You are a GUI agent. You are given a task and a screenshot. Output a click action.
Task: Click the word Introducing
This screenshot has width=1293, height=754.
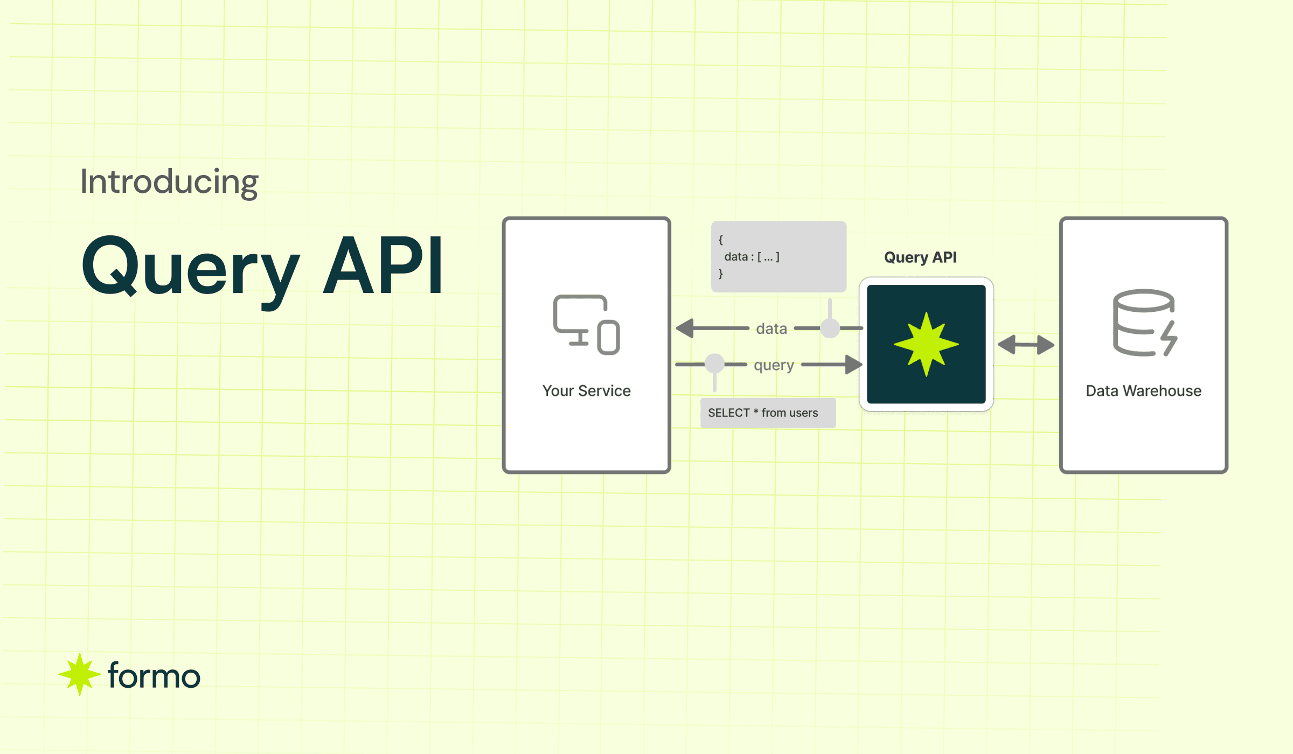(x=169, y=182)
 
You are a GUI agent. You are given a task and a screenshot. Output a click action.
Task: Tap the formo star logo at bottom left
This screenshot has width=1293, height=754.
(x=79, y=674)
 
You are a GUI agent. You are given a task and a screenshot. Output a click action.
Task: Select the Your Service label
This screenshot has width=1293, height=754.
(x=586, y=390)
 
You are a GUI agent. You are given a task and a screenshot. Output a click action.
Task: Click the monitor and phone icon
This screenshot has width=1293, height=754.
(x=587, y=324)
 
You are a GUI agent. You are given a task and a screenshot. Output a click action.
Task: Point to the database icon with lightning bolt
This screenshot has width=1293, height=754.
(x=1145, y=323)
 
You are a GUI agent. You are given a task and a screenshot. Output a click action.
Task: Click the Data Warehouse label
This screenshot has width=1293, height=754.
(x=1143, y=390)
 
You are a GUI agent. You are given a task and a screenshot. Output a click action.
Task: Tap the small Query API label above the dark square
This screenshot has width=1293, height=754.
(x=920, y=257)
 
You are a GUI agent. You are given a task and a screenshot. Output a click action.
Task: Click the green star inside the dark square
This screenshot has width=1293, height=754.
(x=926, y=344)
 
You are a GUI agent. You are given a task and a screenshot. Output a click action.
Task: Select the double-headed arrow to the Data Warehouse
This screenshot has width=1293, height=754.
(x=1026, y=345)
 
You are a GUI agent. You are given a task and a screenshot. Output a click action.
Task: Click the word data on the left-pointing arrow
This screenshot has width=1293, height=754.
(x=771, y=329)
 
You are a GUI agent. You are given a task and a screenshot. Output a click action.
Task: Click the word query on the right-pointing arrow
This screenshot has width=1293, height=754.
(x=774, y=366)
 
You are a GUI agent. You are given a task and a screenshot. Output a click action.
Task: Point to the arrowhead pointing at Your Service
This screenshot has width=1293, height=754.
(x=685, y=328)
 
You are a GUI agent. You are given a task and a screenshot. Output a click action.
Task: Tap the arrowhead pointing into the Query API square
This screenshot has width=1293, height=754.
(x=853, y=365)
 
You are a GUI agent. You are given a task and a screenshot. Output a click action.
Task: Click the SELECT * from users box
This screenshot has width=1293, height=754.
(x=768, y=413)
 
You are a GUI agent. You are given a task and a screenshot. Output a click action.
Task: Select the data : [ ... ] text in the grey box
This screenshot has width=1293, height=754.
(x=752, y=257)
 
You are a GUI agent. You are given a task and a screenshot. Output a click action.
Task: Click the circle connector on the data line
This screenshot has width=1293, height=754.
(x=830, y=328)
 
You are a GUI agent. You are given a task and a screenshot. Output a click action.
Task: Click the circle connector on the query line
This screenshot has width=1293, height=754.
(x=714, y=364)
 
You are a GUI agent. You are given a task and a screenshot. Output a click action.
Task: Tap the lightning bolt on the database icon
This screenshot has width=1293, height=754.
(x=1170, y=338)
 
